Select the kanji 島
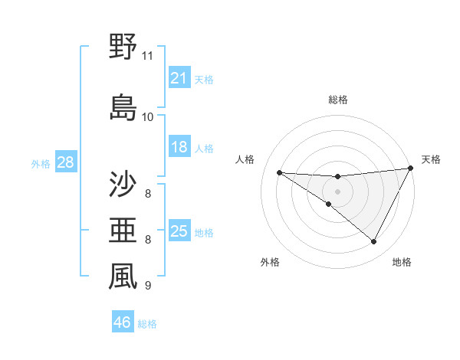123,107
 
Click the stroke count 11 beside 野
148,56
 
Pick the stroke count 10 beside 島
148,117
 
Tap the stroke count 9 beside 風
148,286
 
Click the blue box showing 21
179,78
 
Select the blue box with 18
179,147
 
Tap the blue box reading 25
179,231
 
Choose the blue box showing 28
64,162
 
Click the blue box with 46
122,323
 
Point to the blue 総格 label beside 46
147,324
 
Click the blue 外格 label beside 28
41,163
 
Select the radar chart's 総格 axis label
337,100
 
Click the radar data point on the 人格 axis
279,172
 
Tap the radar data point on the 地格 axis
374,242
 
